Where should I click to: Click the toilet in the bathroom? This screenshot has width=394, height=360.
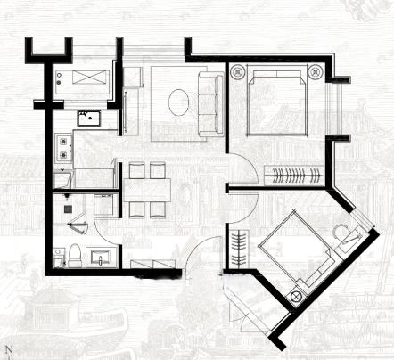tap(75, 255)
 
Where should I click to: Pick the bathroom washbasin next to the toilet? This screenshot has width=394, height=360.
tap(100, 258)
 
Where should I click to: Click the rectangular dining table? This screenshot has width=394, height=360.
tap(147, 189)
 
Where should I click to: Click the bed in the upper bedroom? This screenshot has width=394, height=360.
tap(276, 101)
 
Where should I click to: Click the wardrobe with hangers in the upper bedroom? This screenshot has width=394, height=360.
tap(296, 174)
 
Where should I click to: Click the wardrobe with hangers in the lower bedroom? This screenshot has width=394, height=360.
tap(241, 247)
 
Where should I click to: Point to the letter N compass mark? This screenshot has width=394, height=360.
tap(8, 346)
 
